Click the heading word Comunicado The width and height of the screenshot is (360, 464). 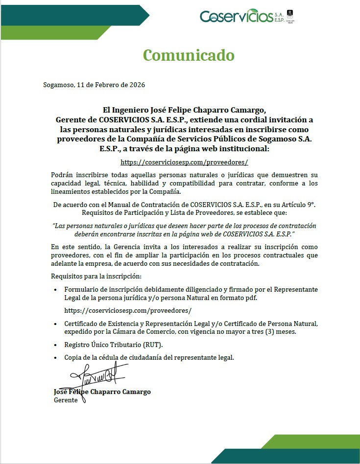pyautogui.click(x=189, y=55)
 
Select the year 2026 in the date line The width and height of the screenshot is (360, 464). pyautogui.click(x=137, y=85)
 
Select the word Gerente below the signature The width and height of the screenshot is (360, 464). pyautogui.click(x=65, y=400)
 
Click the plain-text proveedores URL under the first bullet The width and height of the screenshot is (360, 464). pyautogui.click(x=128, y=310)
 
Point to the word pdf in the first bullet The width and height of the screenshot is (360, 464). pyautogui.click(x=251, y=298)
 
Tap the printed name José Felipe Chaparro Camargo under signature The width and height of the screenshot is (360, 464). pyautogui.click(x=102, y=392)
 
